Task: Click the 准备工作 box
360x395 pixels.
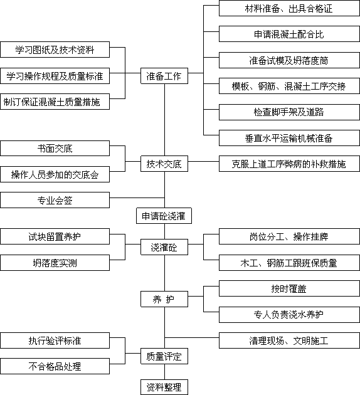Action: tap(164, 76)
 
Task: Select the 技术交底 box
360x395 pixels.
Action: tap(164, 164)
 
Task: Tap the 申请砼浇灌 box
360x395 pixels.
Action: tap(164, 216)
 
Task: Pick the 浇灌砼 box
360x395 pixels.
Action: tap(164, 247)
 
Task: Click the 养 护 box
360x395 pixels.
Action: tap(164, 299)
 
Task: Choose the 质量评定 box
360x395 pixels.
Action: tap(164, 356)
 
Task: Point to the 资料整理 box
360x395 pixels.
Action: tap(164, 387)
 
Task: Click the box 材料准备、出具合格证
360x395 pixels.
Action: tap(289, 8)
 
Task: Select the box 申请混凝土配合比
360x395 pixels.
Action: tap(289, 34)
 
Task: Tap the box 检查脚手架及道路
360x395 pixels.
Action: tap(289, 112)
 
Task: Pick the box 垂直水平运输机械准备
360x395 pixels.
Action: tap(289, 138)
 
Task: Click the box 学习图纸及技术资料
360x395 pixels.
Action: tap(55, 50)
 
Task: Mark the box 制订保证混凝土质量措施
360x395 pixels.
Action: tap(55, 102)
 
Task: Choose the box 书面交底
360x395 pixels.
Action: tap(55, 149)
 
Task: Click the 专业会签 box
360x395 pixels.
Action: tap(55, 200)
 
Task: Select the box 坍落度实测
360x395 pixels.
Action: tap(55, 263)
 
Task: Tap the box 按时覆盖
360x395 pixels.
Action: tap(289, 288)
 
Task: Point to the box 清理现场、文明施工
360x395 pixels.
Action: tap(289, 340)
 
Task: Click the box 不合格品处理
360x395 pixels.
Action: tap(55, 366)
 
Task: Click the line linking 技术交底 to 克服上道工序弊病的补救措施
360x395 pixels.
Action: tap(204, 161)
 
